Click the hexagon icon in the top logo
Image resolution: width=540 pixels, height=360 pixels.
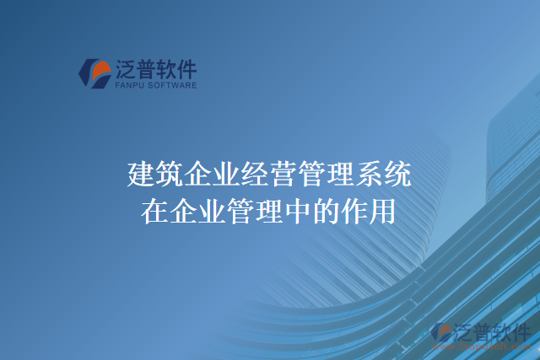[x=95, y=73]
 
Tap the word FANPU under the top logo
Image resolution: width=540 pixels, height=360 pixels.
[x=127, y=85]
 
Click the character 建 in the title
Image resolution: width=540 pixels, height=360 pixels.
[x=141, y=175]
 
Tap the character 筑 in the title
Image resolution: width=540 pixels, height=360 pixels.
[x=170, y=175]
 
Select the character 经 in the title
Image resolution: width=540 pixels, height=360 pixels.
[x=256, y=175]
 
